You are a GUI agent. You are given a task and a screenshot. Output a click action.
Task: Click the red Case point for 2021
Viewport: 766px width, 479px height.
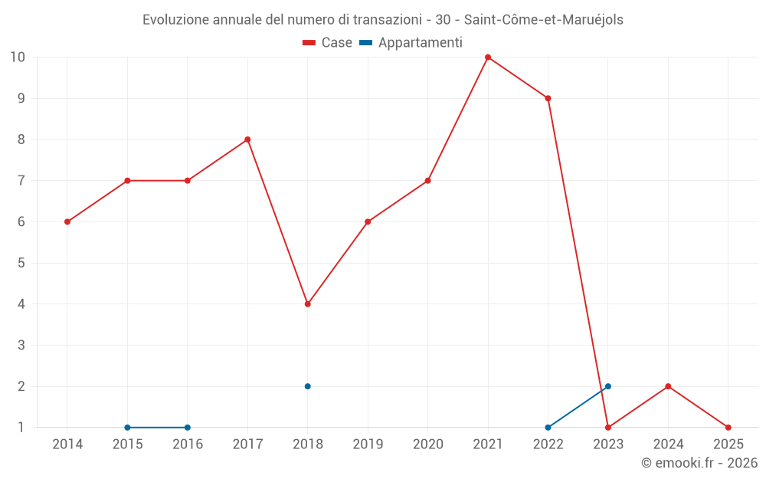point(488,57)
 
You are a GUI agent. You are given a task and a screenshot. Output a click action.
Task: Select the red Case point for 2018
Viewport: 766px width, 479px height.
point(308,304)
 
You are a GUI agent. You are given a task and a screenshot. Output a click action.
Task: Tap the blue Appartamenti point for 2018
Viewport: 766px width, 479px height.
point(308,386)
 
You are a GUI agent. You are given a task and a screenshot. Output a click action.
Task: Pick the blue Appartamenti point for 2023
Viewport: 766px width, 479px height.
point(608,386)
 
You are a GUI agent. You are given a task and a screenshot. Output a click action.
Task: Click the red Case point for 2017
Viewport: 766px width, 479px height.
point(247,139)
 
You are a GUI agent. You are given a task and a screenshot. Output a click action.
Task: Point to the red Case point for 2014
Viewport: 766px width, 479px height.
point(67,222)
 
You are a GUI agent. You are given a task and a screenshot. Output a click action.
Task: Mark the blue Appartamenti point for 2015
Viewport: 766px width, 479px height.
point(127,428)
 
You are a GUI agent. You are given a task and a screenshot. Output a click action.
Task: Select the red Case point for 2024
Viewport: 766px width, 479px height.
point(668,386)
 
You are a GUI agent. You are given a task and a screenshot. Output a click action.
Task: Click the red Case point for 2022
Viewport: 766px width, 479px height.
point(548,98)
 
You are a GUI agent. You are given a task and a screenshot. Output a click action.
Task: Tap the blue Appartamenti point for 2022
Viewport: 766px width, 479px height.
point(548,428)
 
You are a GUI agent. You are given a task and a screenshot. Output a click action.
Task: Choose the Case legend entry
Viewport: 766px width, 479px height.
point(328,43)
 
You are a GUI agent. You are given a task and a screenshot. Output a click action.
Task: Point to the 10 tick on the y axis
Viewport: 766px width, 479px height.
point(17,57)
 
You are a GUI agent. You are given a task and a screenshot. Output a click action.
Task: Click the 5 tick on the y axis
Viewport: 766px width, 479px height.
point(21,263)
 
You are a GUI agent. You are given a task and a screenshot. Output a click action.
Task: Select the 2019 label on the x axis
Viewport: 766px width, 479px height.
point(368,445)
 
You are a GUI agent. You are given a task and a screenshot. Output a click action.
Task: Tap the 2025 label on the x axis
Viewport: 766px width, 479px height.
point(728,445)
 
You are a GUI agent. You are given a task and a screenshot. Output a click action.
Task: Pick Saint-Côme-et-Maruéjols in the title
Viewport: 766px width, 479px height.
point(544,20)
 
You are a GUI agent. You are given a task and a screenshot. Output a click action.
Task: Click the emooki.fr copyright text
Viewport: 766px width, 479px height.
point(699,463)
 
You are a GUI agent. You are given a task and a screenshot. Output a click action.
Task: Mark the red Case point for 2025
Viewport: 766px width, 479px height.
point(728,428)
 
